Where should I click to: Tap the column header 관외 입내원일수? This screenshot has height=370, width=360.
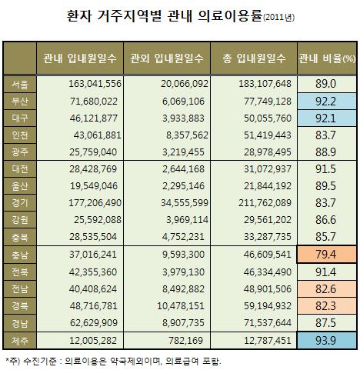tap(167, 58)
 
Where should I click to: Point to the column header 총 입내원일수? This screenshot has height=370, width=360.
tap(254, 58)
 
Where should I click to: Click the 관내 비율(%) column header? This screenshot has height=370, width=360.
tap(326, 58)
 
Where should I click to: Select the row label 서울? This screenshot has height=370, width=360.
tap(20, 83)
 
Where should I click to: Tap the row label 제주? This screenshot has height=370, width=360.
tap(20, 341)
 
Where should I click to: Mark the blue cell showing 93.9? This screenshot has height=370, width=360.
tap(326, 341)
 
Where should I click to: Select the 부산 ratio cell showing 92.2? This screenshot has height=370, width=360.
tap(326, 100)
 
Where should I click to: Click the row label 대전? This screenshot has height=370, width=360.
tap(20, 168)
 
